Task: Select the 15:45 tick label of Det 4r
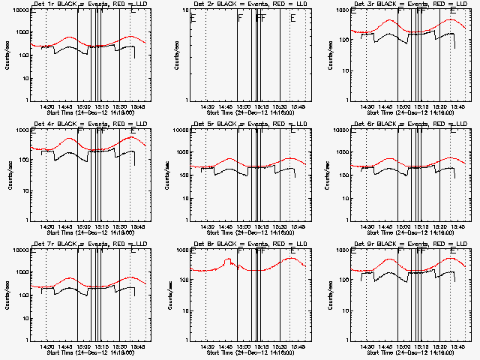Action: [138, 226]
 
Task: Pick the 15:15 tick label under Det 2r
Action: [261, 106]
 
